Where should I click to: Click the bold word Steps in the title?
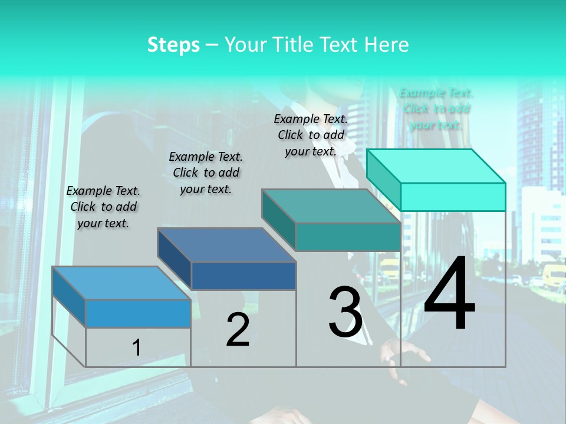[x=173, y=45]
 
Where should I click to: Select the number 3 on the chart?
[x=345, y=312]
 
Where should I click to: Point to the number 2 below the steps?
[x=238, y=329]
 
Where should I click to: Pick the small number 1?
[x=136, y=348]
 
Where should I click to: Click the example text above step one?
[x=103, y=207]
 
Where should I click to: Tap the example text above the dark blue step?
[x=206, y=173]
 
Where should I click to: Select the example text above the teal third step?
[x=311, y=135]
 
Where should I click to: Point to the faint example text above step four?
[x=436, y=108]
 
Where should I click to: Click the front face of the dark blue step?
[x=243, y=276]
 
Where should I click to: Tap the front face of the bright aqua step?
[x=453, y=197]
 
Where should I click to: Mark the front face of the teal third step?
[x=348, y=237]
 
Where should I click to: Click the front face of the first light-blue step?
[x=138, y=313]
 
